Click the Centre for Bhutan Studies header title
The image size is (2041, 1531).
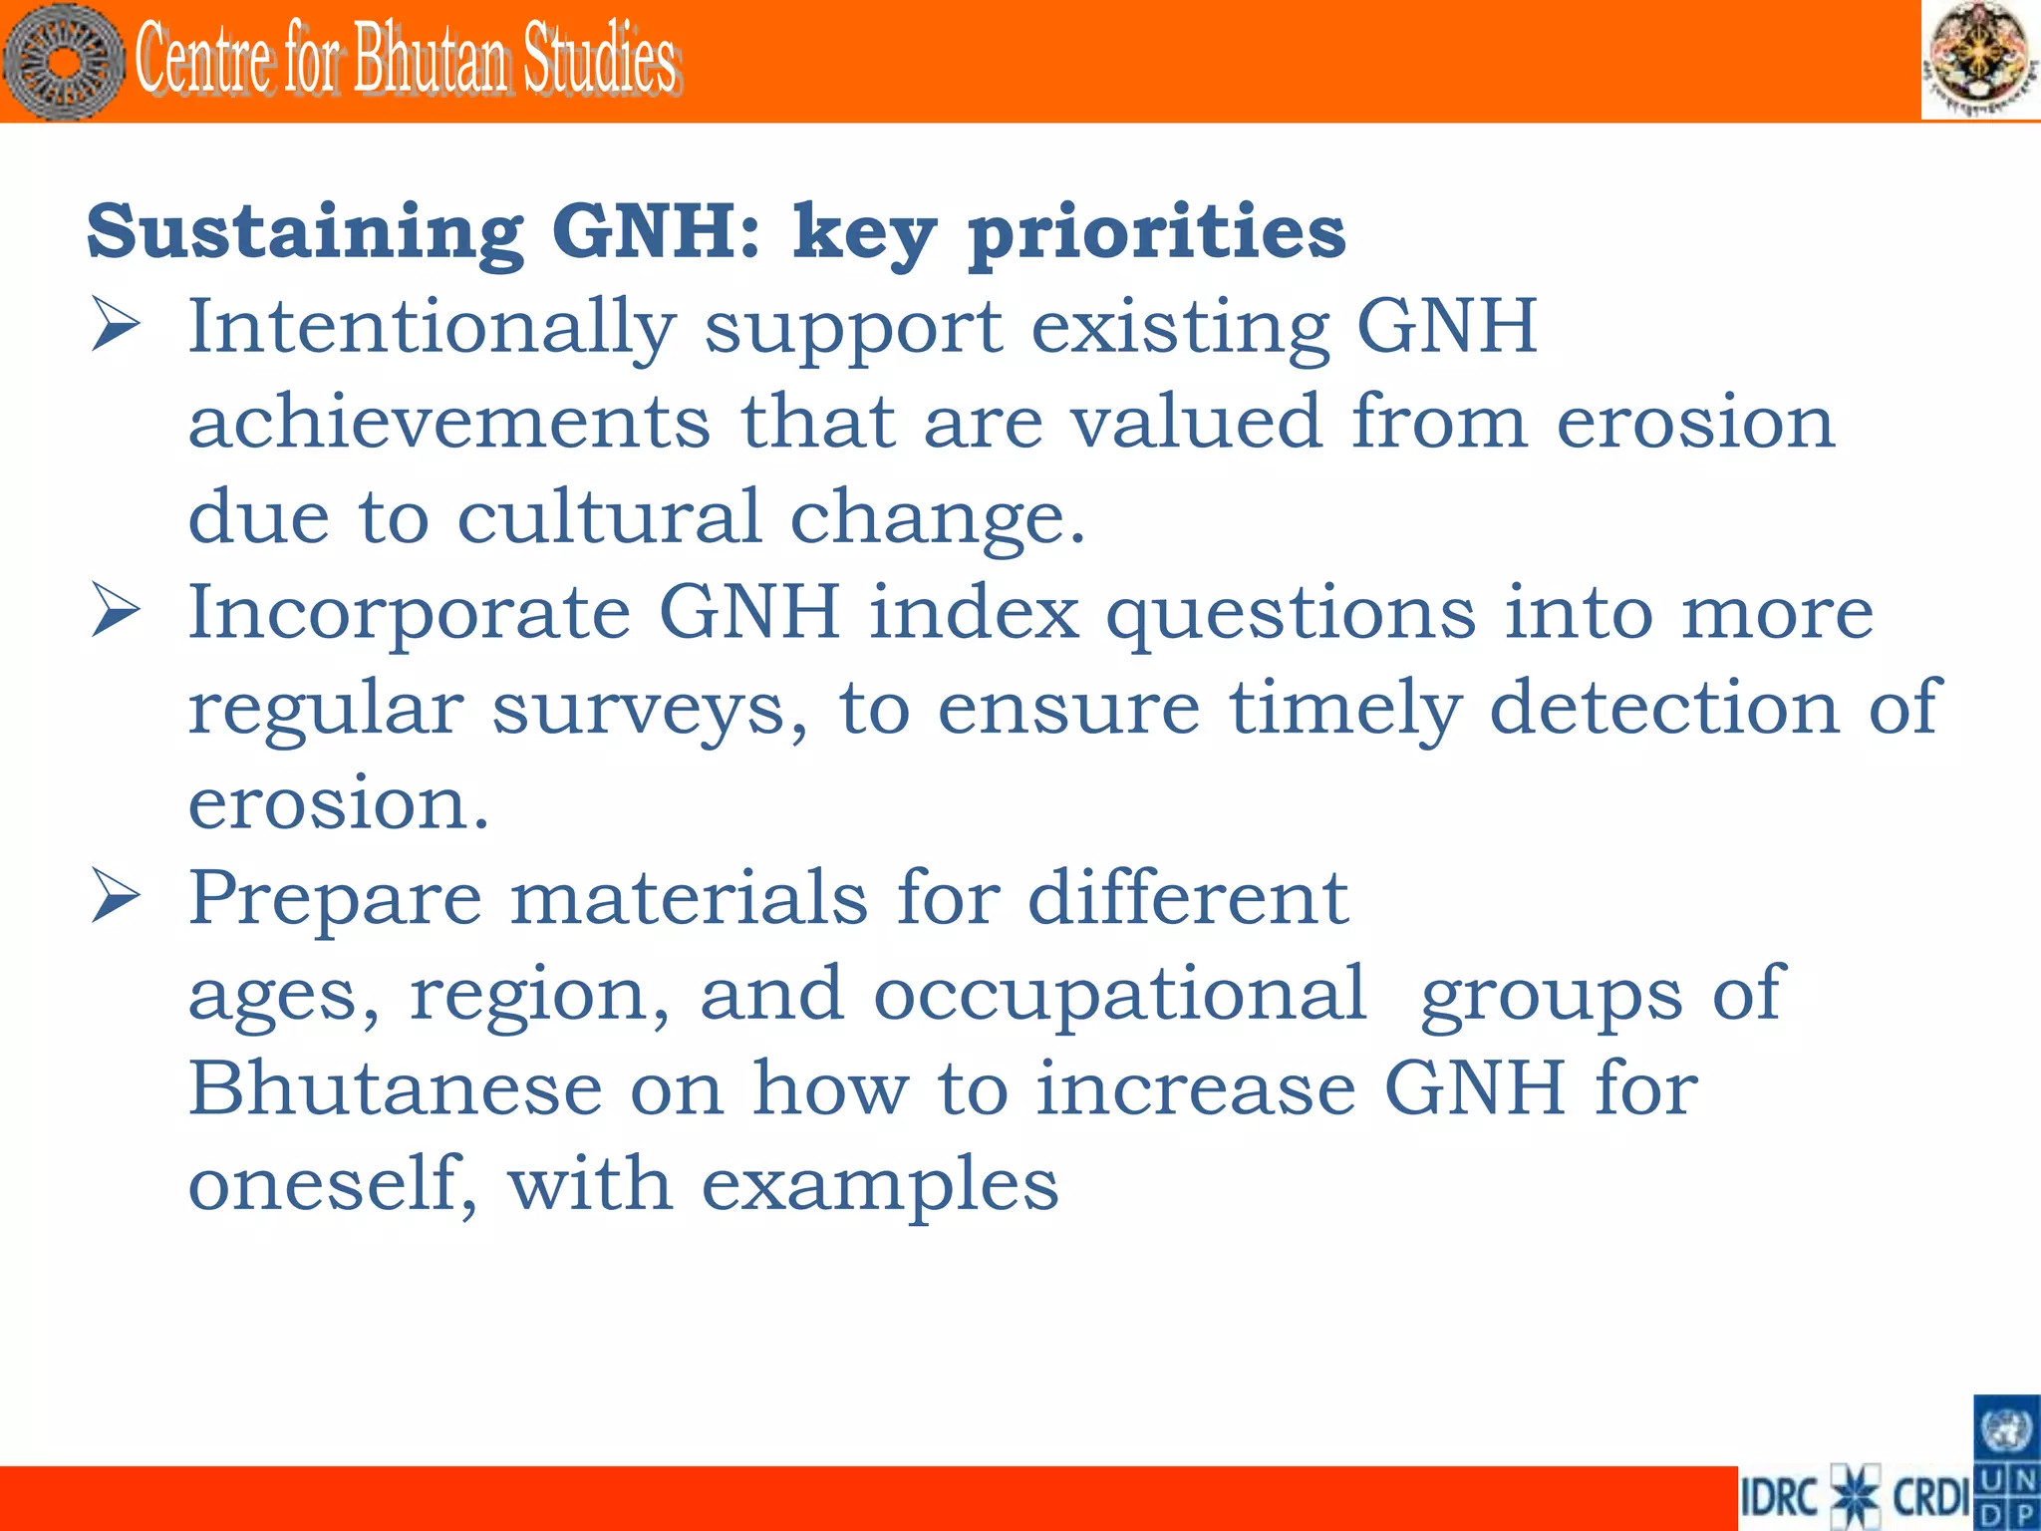(x=407, y=60)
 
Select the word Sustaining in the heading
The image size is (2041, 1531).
(x=305, y=231)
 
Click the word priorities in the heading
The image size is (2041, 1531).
(x=1157, y=231)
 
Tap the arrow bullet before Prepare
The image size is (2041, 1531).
(x=116, y=895)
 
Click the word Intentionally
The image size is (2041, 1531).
(x=433, y=327)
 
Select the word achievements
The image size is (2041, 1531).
(x=449, y=422)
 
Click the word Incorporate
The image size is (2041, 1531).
(x=410, y=612)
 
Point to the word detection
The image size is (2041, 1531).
(x=1663, y=707)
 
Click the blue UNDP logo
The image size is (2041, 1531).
(x=2006, y=1462)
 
